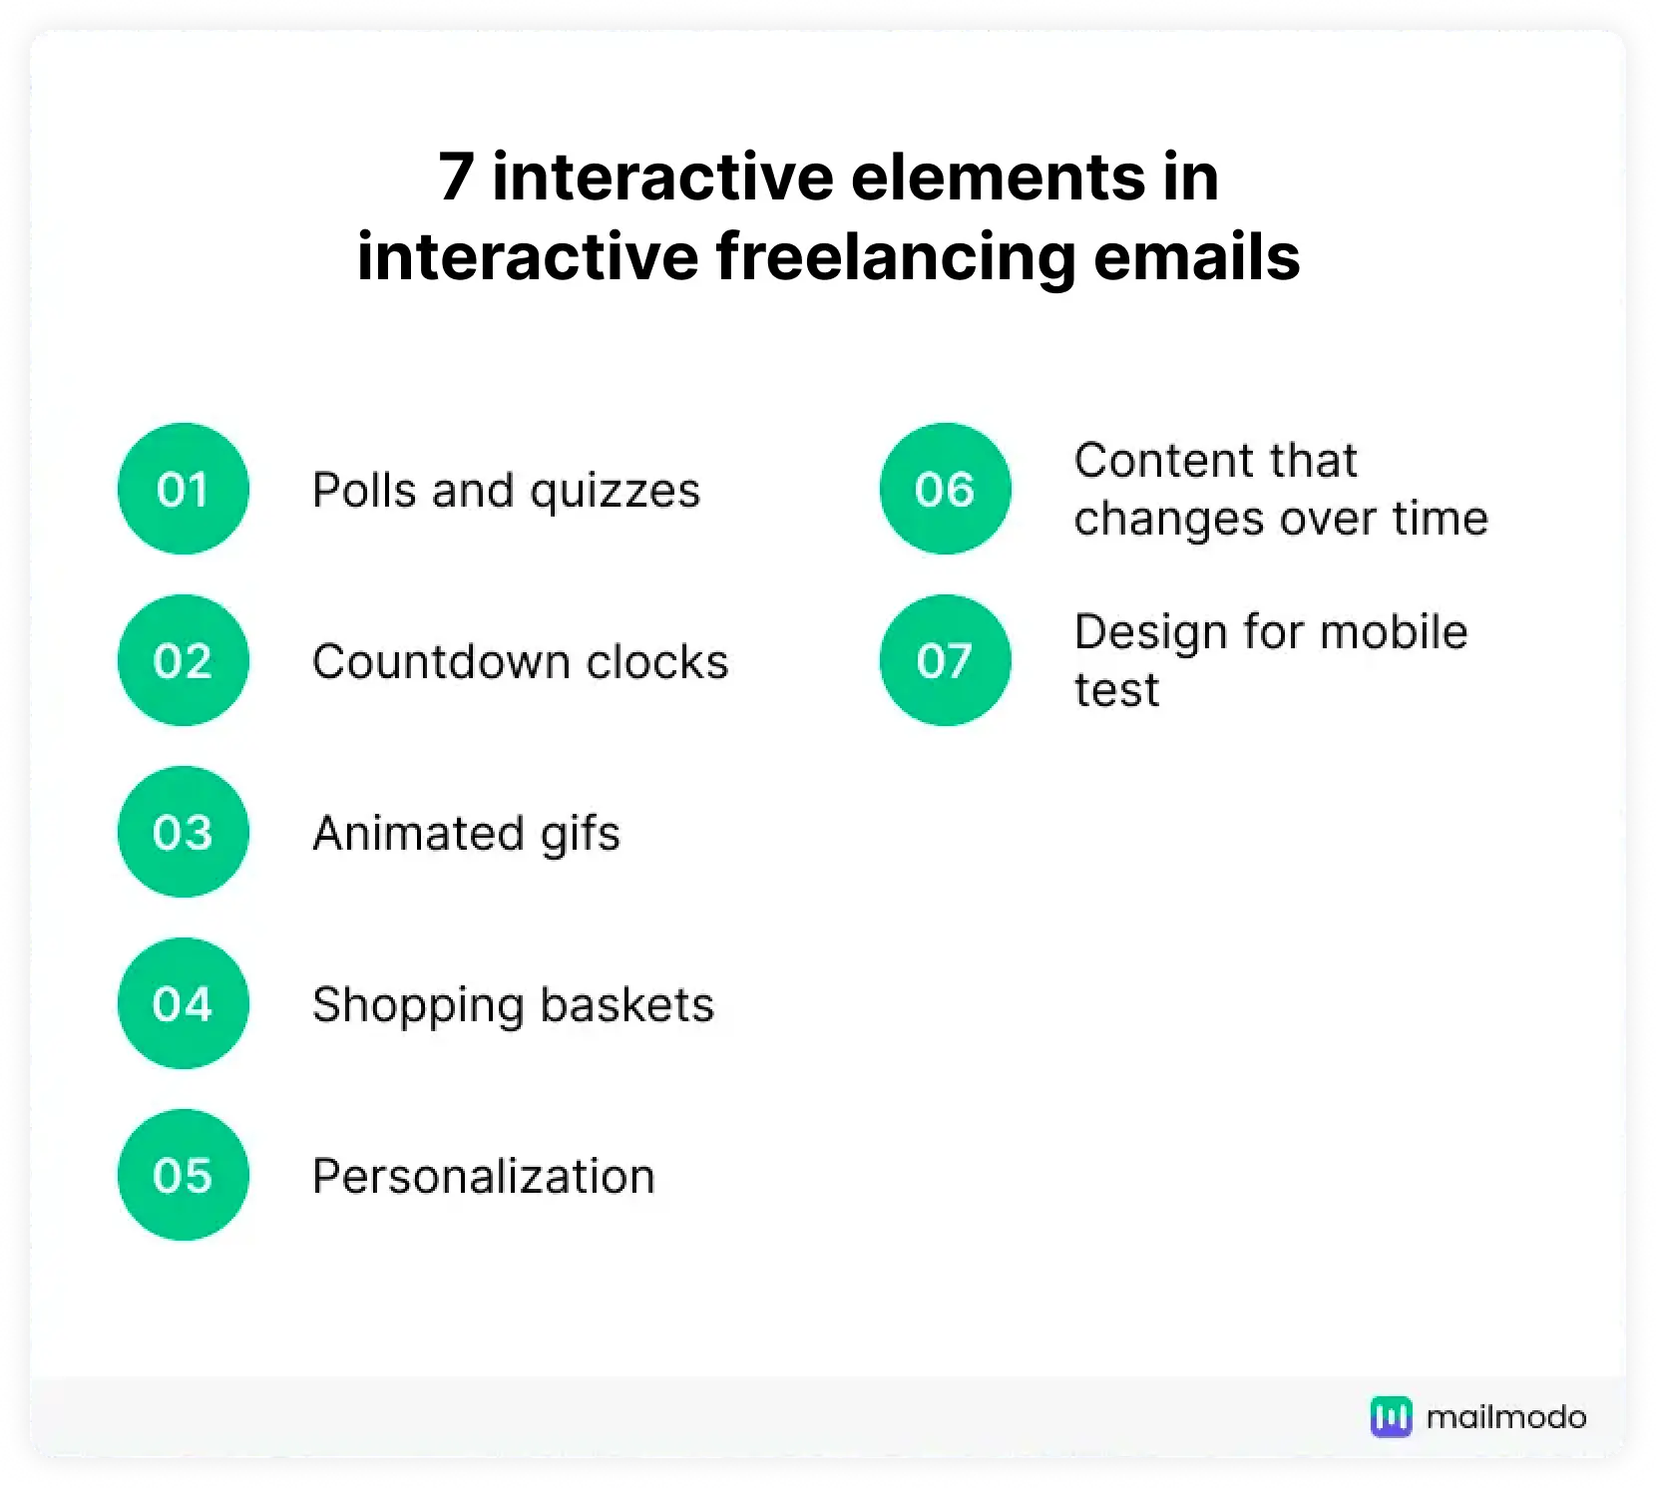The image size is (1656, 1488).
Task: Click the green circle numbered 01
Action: [x=184, y=489]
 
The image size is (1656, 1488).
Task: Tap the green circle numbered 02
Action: [x=184, y=660]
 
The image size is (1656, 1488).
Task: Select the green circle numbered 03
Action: [x=184, y=832]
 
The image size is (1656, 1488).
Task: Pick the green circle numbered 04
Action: [x=184, y=1003]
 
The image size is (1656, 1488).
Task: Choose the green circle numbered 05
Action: [x=184, y=1175]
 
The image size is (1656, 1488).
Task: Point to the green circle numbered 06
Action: [x=945, y=489]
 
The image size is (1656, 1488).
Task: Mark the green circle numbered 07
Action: [x=945, y=660]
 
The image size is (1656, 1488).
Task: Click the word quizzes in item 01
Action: [x=615, y=491]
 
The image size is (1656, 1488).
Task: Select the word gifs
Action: [x=580, y=835]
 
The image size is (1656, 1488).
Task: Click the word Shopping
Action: [x=418, y=1005]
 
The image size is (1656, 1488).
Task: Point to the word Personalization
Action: [x=484, y=1177]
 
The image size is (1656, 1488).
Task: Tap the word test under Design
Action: [x=1116, y=690]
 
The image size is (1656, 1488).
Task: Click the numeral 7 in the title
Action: [x=455, y=179]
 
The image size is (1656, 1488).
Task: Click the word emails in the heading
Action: [x=1197, y=257]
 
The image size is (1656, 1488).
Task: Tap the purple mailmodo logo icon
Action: [x=1391, y=1416]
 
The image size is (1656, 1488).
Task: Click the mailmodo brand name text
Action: [x=1506, y=1417]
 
